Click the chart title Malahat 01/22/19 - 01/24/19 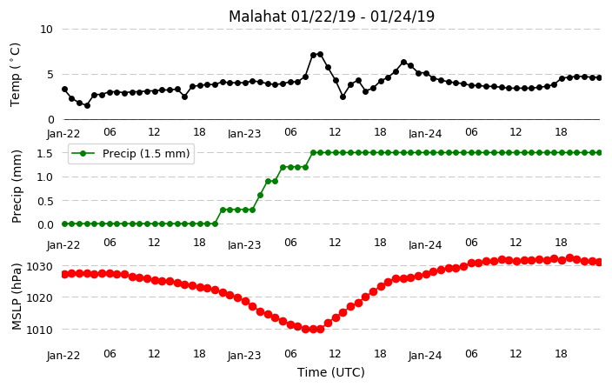pyautogui.click(x=331, y=17)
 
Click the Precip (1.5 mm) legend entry pyautogui.click(x=131, y=153)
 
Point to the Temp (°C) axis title pyautogui.click(x=16, y=75)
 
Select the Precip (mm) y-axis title pyautogui.click(x=17, y=186)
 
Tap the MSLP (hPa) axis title pyautogui.click(x=17, y=297)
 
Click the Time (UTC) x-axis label pyautogui.click(x=331, y=372)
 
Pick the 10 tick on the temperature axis pyautogui.click(x=46, y=30)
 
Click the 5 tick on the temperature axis pyautogui.click(x=50, y=75)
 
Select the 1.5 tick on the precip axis pyautogui.click(x=44, y=153)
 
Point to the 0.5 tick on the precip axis pyautogui.click(x=44, y=201)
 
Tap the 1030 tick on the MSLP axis pyautogui.click(x=39, y=267)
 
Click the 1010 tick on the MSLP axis pyautogui.click(x=39, y=330)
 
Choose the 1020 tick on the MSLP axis pyautogui.click(x=39, y=298)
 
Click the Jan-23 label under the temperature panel pyautogui.click(x=244, y=134)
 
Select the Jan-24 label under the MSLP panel pyautogui.click(x=425, y=356)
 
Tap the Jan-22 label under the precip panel pyautogui.click(x=63, y=245)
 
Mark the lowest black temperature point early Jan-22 pyautogui.click(x=87, y=105)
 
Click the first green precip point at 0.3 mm pyautogui.click(x=223, y=210)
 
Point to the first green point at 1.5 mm pyautogui.click(x=313, y=153)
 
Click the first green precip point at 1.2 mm pyautogui.click(x=283, y=167)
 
